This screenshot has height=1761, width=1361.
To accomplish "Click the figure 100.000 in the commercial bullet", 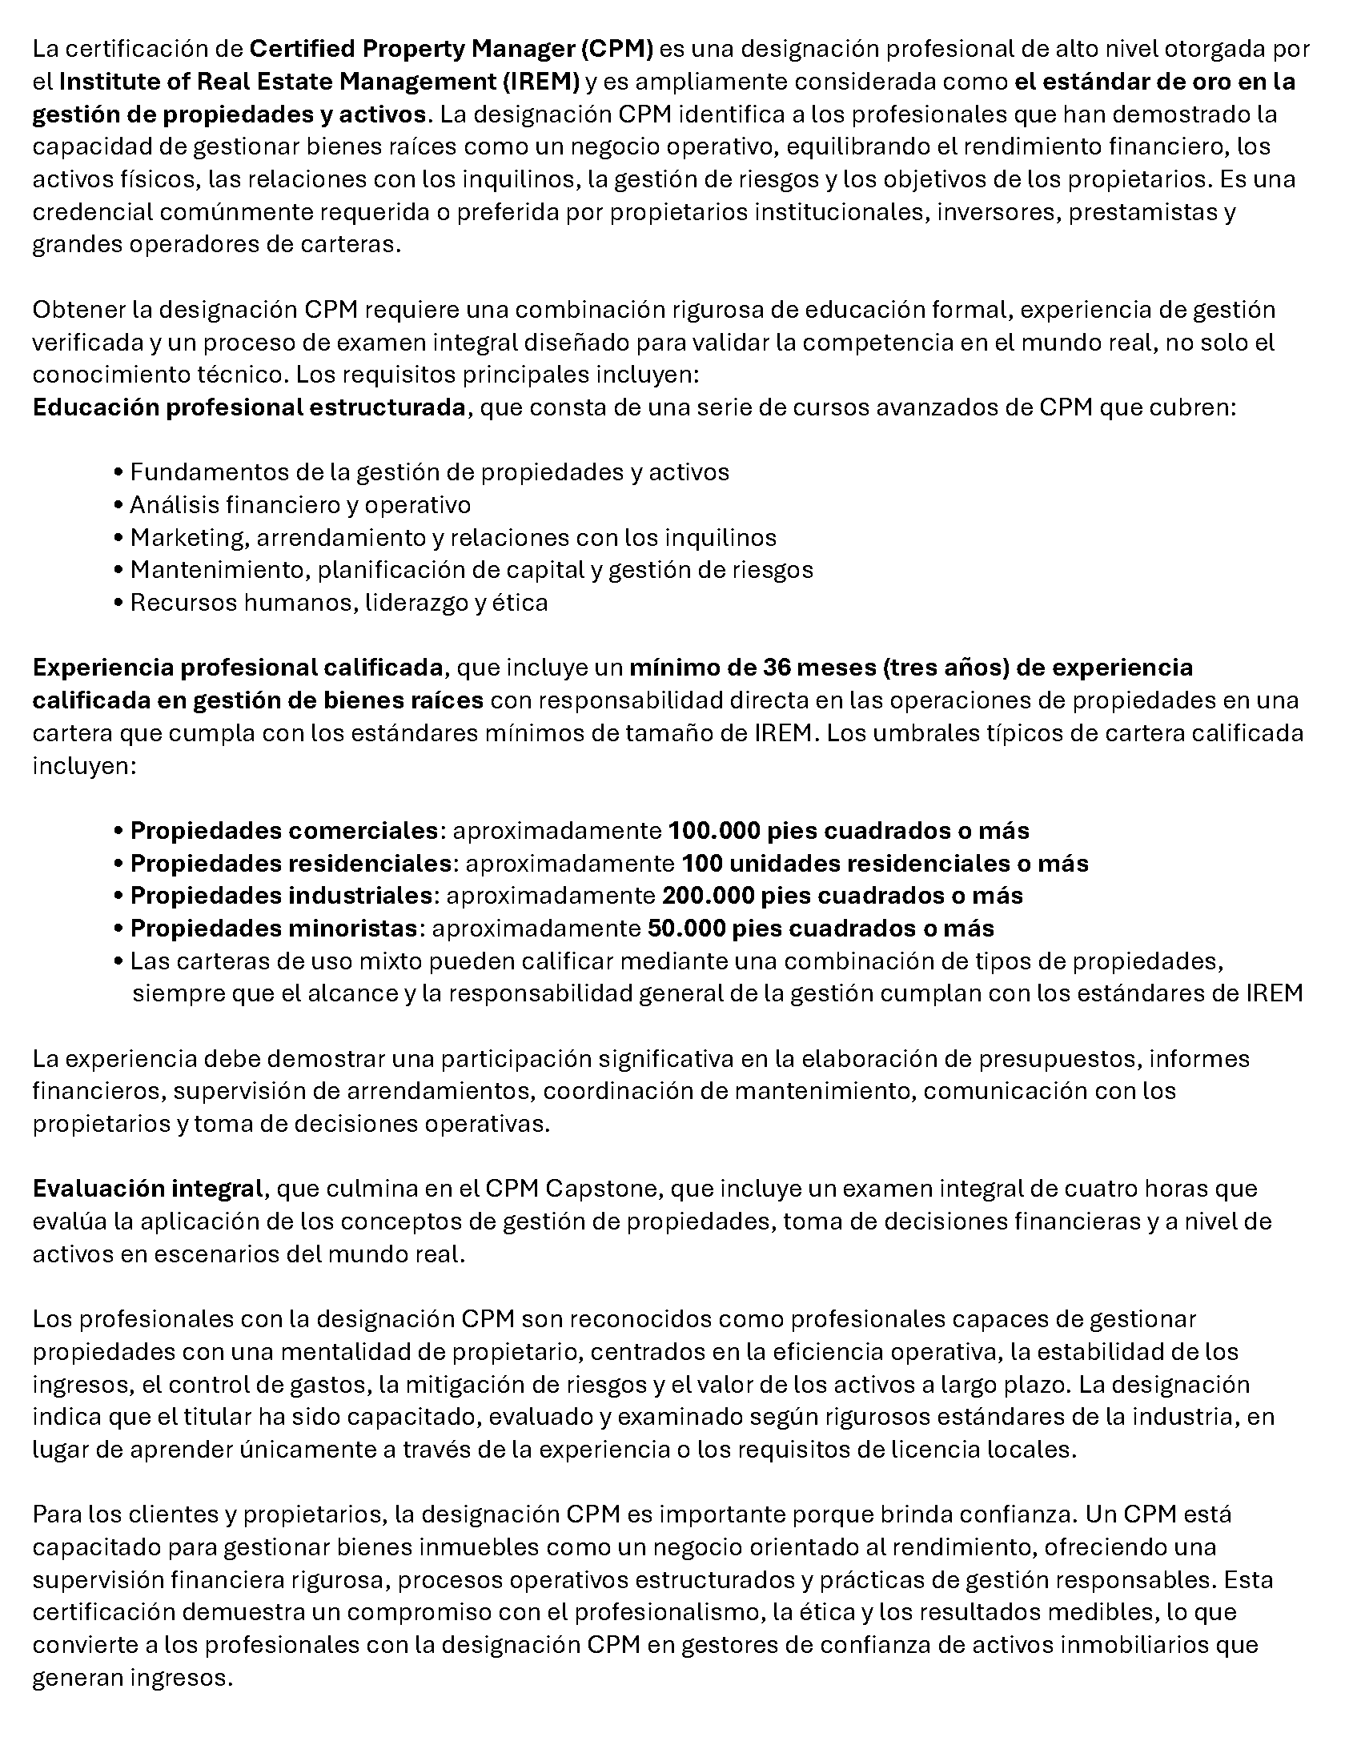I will (x=713, y=830).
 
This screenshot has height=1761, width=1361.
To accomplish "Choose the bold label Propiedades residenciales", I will (x=291, y=863).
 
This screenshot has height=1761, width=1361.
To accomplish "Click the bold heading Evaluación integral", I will (x=147, y=1188).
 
